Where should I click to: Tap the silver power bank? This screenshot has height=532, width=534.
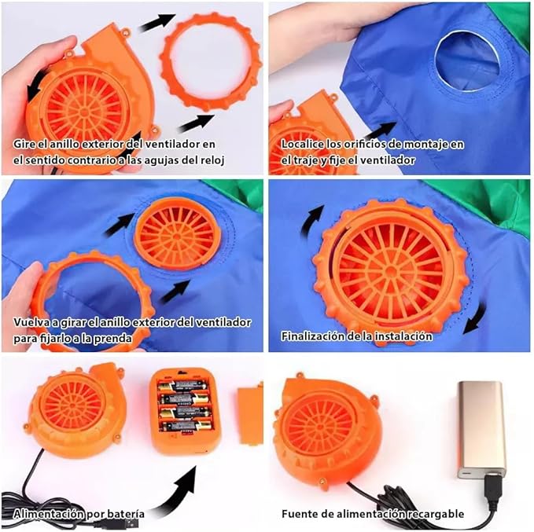481,430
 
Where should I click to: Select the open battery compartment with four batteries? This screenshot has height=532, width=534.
185,412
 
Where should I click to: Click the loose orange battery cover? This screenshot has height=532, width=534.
250,415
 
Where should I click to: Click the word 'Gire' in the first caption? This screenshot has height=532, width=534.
24,144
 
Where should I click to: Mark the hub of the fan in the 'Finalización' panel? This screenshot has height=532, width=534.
391,271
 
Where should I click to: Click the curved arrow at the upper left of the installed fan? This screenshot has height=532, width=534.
309,222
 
